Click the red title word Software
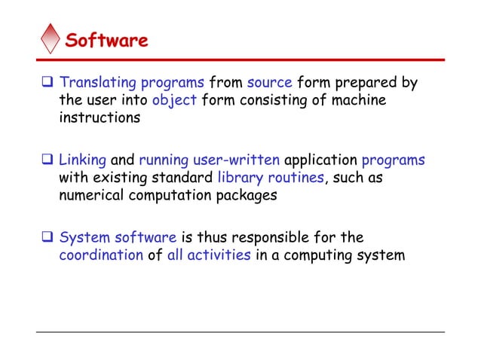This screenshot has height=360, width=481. [106, 40]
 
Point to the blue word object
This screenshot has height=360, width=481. [173, 100]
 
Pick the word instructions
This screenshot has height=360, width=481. [100, 118]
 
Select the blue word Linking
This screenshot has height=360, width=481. [83, 160]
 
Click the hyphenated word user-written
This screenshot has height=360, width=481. [242, 160]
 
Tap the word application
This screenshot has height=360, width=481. [321, 160]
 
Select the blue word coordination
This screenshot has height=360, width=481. [101, 255]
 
